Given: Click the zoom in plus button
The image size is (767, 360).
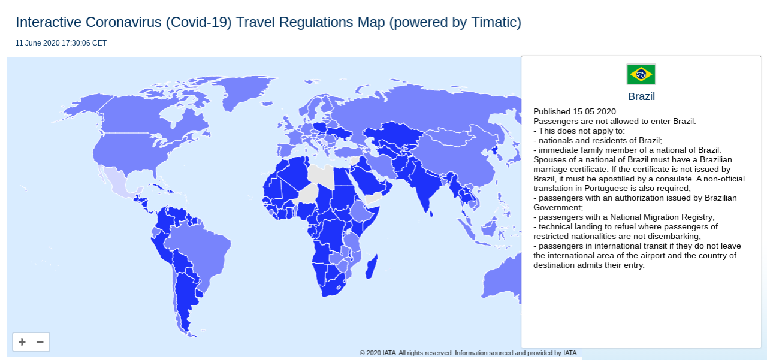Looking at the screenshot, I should coord(22,342).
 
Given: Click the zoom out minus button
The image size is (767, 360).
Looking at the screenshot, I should coord(40,342).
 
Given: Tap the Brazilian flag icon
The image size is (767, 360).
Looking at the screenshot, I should coord(641,74).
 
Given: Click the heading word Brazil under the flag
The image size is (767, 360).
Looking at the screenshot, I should coord(641,96).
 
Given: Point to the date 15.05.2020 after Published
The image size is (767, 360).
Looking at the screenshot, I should coord(594,111).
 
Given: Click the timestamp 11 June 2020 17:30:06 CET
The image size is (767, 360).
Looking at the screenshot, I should coord(61,43).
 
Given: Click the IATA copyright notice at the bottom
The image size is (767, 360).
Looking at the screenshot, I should coord(469,353).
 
